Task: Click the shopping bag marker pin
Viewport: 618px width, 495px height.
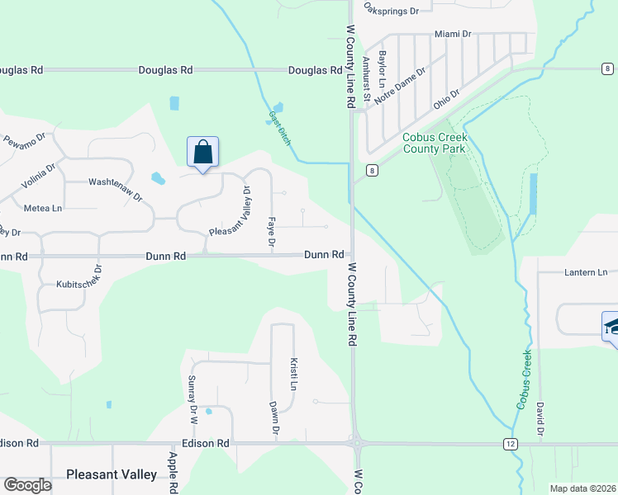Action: click(x=202, y=153)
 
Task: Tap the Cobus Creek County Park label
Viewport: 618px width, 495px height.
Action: click(x=435, y=143)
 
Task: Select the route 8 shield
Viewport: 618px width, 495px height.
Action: click(x=373, y=171)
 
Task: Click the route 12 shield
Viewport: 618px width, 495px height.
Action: click(x=511, y=444)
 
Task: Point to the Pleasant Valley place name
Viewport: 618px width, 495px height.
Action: click(x=111, y=474)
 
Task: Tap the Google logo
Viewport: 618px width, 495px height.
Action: click(x=28, y=485)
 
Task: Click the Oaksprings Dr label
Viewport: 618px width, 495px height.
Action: click(x=392, y=11)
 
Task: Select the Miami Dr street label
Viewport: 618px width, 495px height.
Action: click(x=452, y=35)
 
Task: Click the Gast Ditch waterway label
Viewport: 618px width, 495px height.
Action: click(x=280, y=130)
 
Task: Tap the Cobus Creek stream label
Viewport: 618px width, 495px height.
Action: click(x=525, y=379)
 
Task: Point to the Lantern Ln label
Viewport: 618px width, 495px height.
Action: click(x=585, y=272)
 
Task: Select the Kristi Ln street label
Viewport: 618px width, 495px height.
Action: click(x=292, y=373)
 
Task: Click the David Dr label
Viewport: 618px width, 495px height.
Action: click(x=539, y=418)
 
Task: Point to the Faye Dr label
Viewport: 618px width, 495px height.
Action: click(x=270, y=233)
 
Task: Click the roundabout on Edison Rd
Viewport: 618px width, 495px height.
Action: click(x=358, y=443)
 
